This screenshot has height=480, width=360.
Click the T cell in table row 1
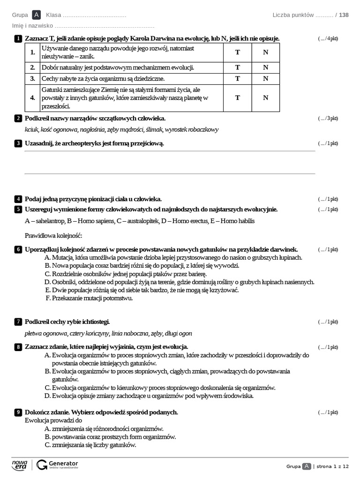point(237,52)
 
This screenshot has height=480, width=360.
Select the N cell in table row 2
point(266,67)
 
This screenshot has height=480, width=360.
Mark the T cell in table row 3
point(237,79)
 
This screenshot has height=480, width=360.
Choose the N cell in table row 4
point(266,97)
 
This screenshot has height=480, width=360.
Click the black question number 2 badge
point(18,118)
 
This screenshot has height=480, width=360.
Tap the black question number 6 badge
point(18,249)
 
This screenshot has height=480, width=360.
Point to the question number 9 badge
point(18,412)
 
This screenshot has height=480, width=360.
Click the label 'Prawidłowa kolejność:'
point(53,235)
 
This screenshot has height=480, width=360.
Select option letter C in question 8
point(47,388)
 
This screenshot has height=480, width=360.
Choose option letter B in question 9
point(47,436)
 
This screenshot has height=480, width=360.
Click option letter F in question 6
point(47,298)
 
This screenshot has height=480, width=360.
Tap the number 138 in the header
point(344,15)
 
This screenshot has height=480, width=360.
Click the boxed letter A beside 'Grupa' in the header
point(37,15)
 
